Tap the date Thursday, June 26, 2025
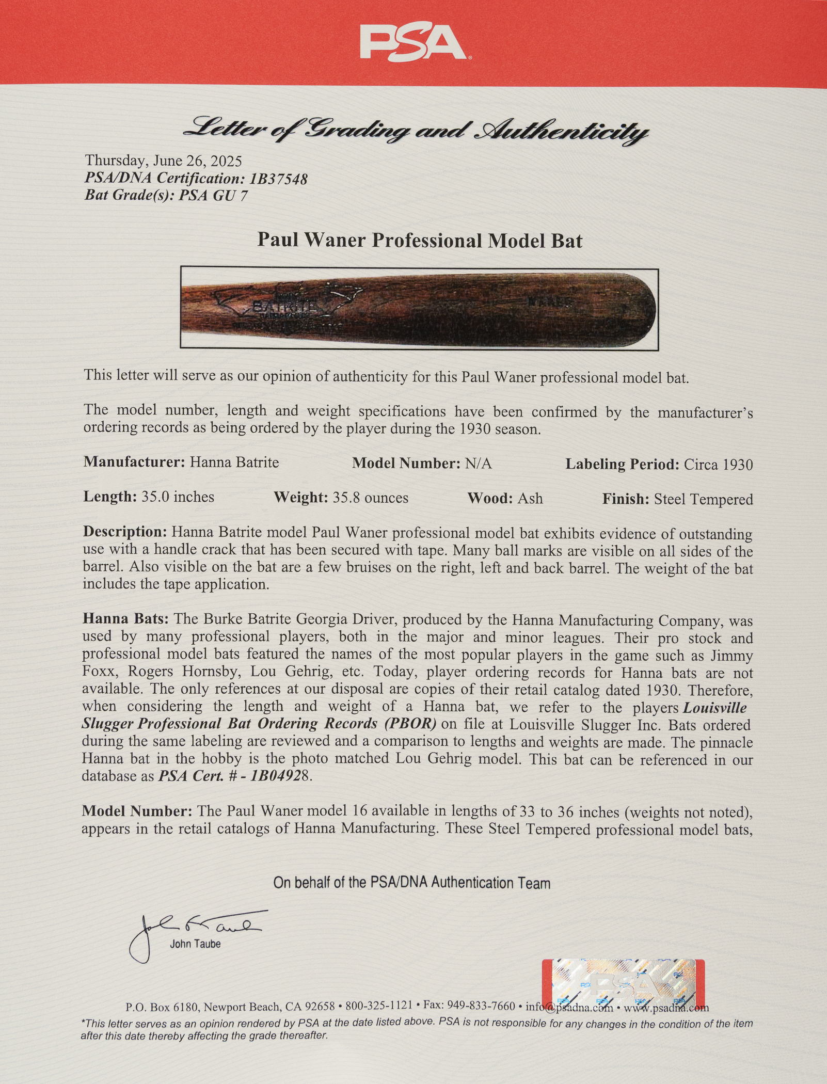[x=163, y=161]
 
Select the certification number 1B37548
[x=278, y=179]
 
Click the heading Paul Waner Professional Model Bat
[x=420, y=241]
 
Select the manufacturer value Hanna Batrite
[x=234, y=462]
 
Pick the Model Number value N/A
[x=478, y=464]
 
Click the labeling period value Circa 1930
[x=718, y=465]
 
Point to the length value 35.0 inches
[x=178, y=497]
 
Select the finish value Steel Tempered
[x=703, y=499]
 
